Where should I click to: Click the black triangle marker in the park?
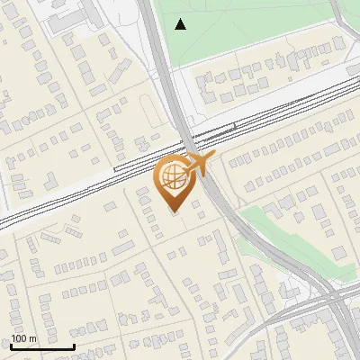tap(181, 24)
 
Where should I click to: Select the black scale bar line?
tap(42, 346)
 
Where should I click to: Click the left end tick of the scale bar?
tap(12, 345)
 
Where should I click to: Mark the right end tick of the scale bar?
tap(74, 345)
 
